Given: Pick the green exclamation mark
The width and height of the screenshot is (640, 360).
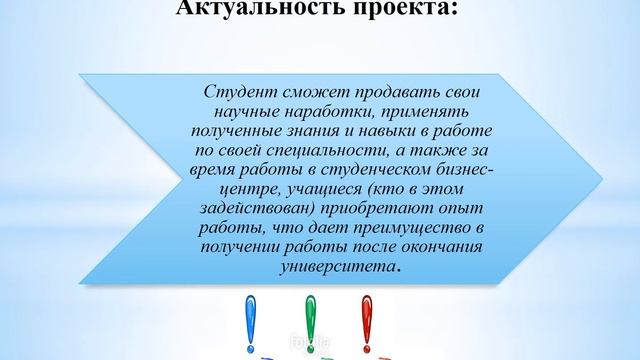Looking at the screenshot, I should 310,320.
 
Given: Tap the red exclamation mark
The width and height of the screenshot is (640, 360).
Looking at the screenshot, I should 367,320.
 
